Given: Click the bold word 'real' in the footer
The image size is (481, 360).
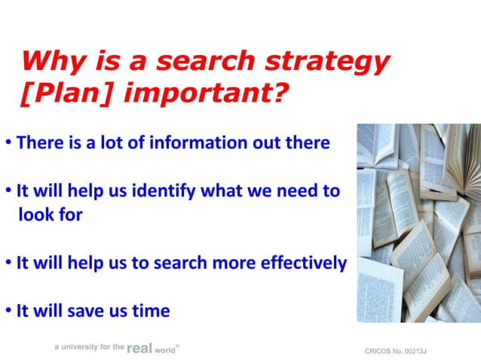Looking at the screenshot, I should click(x=139, y=348).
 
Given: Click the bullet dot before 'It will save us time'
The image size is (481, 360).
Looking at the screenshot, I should click(x=8, y=311).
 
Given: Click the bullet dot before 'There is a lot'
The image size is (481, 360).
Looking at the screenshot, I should click(x=8, y=143).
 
